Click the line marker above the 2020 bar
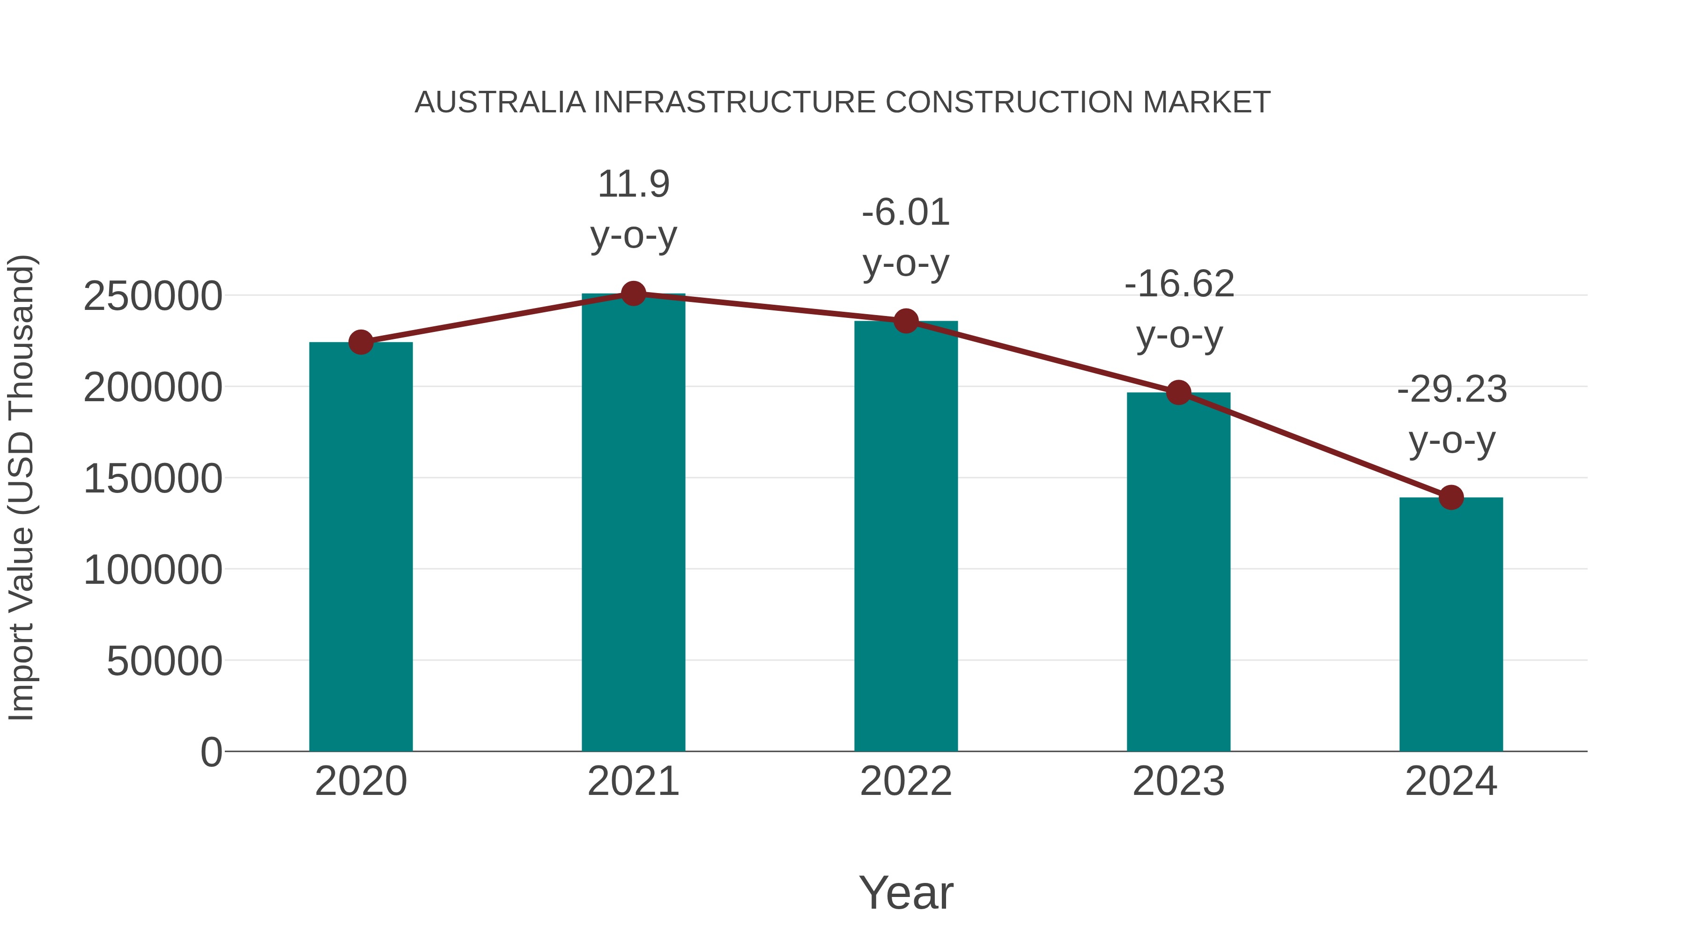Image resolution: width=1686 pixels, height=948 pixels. pos(361,342)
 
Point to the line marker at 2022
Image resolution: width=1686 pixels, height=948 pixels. pos(906,321)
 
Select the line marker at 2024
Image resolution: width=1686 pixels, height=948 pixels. pos(1451,497)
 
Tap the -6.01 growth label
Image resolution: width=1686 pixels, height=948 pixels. pos(906,213)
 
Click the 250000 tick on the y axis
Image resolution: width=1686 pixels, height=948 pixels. pos(153,296)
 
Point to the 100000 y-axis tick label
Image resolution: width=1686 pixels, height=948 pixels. pos(153,570)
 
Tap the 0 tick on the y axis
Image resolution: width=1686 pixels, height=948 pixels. pos(211,752)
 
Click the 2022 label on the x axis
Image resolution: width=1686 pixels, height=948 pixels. pos(906,781)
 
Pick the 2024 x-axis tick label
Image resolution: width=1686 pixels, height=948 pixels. pos(1451,781)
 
